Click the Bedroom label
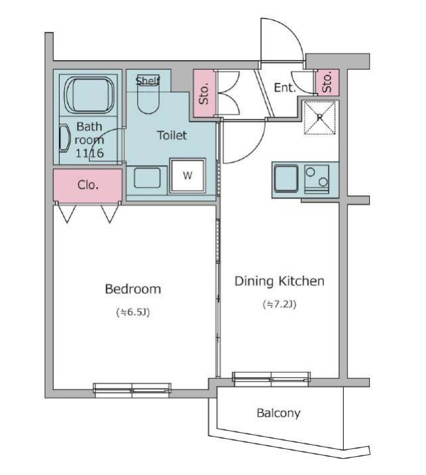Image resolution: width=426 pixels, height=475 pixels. [133, 289]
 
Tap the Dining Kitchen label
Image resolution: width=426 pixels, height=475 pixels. [280, 281]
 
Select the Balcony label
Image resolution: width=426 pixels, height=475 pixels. [278, 413]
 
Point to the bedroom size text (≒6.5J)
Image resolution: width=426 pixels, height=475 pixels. [133, 312]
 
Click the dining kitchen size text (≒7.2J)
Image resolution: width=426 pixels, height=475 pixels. [280, 304]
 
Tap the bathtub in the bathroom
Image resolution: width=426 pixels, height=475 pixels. [90, 94]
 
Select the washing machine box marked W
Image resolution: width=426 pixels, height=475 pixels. [188, 176]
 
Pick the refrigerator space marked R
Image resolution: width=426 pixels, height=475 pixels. [320, 117]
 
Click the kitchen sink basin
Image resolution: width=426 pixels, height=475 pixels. [286, 179]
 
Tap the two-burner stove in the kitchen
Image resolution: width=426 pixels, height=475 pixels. [317, 179]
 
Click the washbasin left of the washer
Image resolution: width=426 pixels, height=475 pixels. [147, 178]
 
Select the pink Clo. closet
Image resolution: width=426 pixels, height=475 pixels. [88, 185]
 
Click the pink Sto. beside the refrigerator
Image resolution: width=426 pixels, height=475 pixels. [327, 82]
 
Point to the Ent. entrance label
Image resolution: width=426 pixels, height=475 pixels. [284, 88]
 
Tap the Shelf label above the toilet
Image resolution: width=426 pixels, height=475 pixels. [148, 81]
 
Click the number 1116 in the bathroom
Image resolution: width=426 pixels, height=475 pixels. [90, 153]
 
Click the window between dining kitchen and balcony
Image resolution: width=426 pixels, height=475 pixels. [272, 378]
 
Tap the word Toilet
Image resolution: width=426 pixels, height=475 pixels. [172, 135]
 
